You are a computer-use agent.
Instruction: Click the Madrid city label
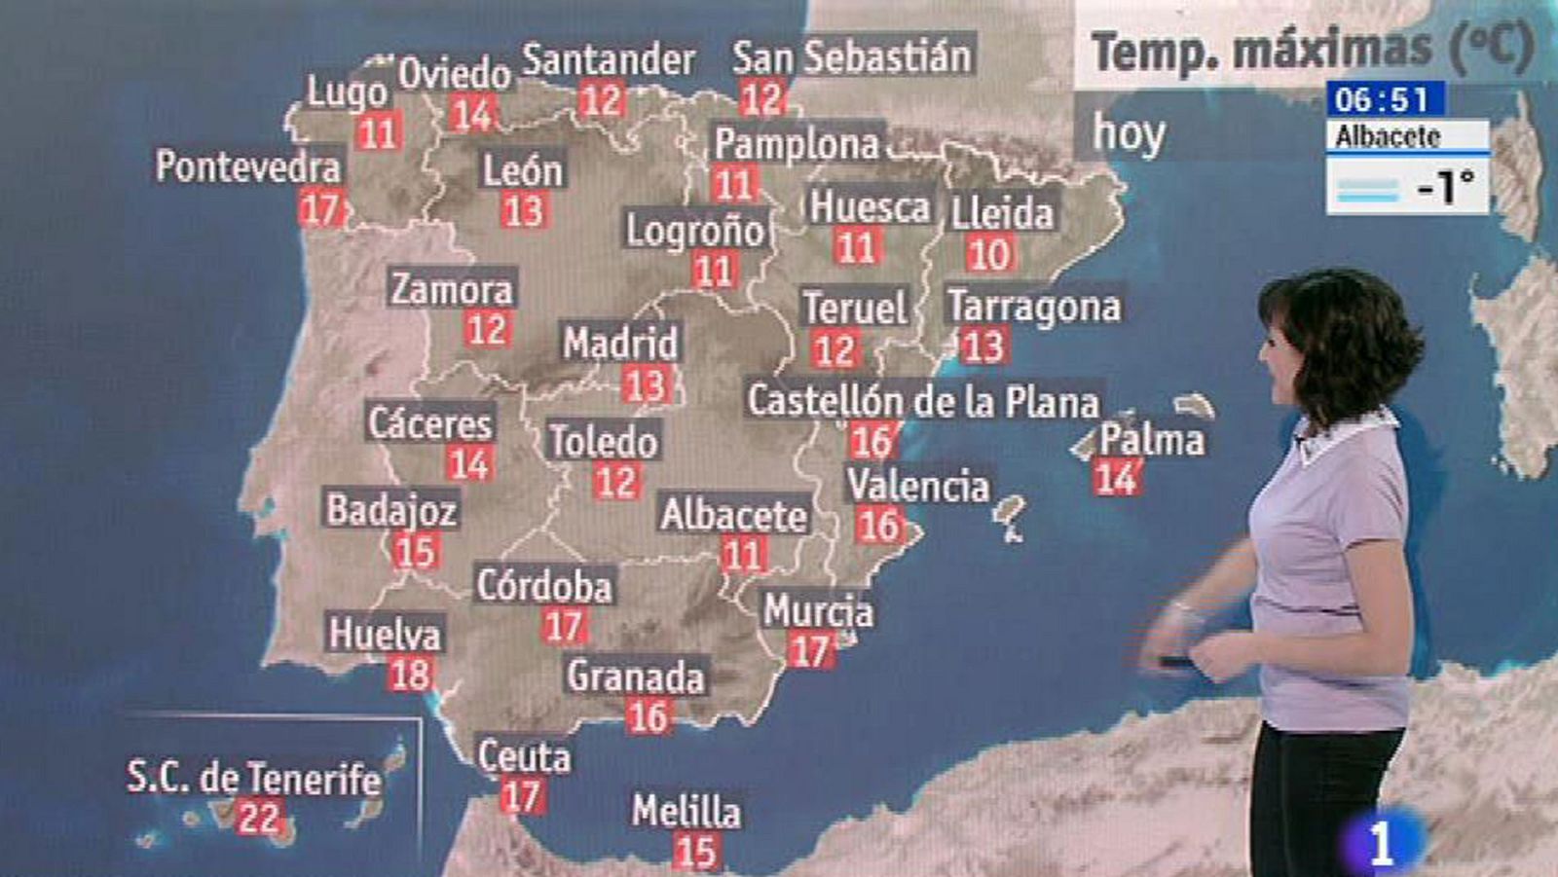(620, 343)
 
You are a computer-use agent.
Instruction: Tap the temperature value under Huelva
(410, 675)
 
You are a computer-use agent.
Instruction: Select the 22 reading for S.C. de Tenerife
(258, 818)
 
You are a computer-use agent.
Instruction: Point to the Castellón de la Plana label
(922, 401)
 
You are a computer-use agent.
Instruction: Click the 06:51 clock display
(1382, 99)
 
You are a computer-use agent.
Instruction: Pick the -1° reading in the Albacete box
(1446, 186)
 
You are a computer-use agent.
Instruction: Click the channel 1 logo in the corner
(1381, 843)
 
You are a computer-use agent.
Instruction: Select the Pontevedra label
(248, 166)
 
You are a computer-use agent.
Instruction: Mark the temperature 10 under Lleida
(989, 255)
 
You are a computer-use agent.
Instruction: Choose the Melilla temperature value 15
(695, 852)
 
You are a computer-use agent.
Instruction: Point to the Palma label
(1152, 440)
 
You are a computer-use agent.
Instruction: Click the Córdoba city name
(544, 586)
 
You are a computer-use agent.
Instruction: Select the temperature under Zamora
(487, 329)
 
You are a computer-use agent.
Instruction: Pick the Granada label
(636, 676)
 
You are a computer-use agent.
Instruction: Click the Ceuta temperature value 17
(521, 796)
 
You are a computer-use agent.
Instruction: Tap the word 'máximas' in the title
(1331, 49)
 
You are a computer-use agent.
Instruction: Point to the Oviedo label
(455, 73)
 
